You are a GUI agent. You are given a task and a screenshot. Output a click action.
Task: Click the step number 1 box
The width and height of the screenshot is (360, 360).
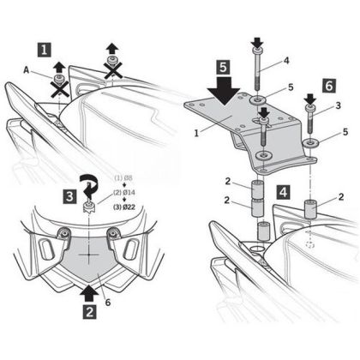45,50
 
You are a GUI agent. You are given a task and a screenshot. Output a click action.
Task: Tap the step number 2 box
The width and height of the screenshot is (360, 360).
90,312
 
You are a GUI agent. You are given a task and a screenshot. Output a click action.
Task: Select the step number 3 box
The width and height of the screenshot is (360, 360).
69,197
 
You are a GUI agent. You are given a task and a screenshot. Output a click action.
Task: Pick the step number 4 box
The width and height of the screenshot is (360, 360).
283,192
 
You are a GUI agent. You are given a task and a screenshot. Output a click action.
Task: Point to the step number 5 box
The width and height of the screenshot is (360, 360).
223,67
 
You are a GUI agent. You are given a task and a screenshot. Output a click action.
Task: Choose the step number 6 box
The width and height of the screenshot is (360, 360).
329,86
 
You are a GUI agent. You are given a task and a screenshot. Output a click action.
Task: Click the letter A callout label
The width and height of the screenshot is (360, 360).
27,70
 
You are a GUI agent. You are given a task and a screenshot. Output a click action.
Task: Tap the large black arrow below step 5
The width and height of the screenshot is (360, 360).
224,89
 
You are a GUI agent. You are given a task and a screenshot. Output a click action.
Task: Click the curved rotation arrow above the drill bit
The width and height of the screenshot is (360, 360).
89,185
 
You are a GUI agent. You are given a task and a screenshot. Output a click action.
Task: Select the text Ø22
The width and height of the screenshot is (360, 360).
129,207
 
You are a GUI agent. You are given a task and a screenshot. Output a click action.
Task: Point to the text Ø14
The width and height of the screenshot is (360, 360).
129,193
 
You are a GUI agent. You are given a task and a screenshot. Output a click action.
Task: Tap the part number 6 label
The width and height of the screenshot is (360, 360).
108,303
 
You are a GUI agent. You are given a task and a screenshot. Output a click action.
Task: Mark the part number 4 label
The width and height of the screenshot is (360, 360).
286,61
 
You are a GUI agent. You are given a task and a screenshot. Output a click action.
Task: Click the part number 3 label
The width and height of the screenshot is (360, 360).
339,105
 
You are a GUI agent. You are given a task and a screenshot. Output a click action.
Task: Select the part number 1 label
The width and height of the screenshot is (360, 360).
196,134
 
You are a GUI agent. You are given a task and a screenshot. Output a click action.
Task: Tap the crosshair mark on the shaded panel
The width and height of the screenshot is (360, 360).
89,254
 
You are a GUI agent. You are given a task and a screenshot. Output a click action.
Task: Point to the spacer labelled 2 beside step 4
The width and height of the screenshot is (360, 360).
310,209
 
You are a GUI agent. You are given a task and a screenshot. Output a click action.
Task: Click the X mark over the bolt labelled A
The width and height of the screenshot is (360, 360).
59,88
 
